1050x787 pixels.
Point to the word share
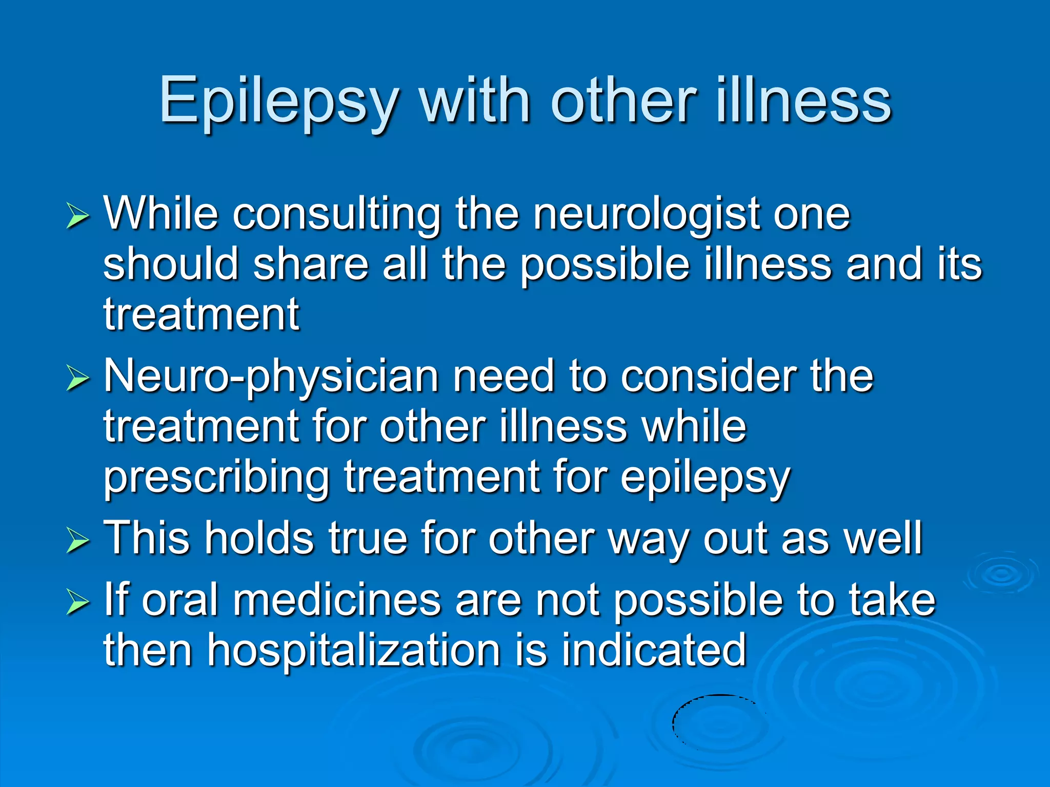pos(311,264)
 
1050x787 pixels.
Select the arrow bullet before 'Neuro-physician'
pos(78,380)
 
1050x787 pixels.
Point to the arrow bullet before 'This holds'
pos(78,542)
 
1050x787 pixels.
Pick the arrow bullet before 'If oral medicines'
pos(78,603)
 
